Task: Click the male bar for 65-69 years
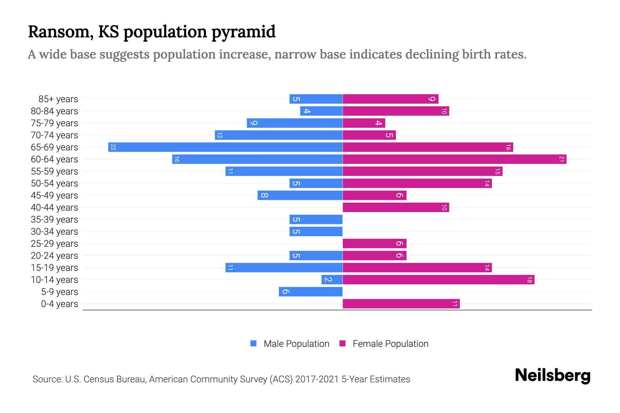click(225, 147)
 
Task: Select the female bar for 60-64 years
click(454, 159)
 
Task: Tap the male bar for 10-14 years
click(332, 280)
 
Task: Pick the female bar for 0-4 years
click(401, 304)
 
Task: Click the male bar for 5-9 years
click(311, 292)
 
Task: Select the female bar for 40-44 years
click(396, 208)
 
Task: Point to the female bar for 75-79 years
click(364, 123)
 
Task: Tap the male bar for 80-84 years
click(321, 111)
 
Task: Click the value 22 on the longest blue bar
click(113, 147)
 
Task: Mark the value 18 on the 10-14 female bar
click(529, 280)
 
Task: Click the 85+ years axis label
click(58, 99)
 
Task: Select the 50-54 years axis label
click(54, 183)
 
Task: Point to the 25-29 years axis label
click(54, 244)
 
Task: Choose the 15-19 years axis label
click(54, 268)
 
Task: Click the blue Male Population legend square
click(254, 343)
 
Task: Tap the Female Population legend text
click(390, 344)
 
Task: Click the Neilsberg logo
click(552, 375)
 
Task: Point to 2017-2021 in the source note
click(317, 379)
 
